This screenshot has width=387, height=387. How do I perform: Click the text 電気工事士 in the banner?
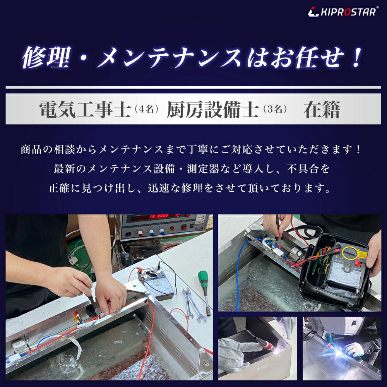tap(84, 110)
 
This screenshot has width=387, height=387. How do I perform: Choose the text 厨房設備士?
tap(212, 110)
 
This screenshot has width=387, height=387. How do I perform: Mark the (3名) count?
tap(275, 110)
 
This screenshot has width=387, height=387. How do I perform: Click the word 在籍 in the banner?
tap(322, 110)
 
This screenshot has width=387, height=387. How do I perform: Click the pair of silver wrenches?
tap(192, 304)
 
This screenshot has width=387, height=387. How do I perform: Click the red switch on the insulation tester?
tap(358, 264)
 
